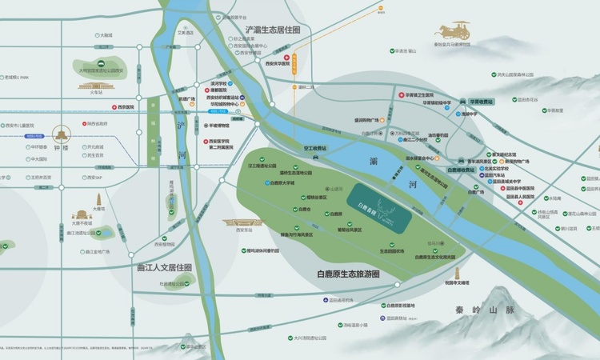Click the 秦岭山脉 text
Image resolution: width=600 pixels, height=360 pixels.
tap(481, 310)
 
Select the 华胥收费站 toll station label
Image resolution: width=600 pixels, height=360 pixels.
tap(482, 102)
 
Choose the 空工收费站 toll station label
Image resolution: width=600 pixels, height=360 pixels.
tap(310, 148)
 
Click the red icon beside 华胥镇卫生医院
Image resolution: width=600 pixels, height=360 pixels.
tap(400, 94)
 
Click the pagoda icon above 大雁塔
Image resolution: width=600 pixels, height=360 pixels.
tap(98, 199)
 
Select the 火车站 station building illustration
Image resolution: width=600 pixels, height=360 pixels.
tap(97, 85)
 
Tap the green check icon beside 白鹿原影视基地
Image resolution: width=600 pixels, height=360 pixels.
tap(384, 306)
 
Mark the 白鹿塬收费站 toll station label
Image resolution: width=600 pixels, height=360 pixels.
tap(462, 170)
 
